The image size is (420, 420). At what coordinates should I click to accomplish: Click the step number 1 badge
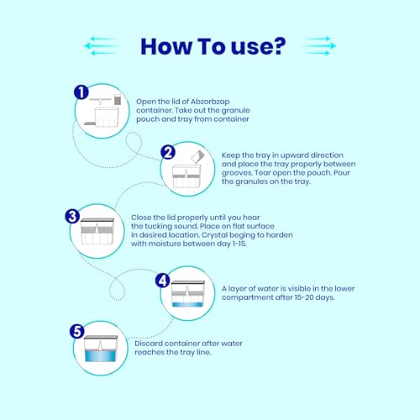pyautogui.click(x=81, y=92)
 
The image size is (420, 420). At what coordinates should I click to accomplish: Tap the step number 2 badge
pyautogui.click(x=168, y=153)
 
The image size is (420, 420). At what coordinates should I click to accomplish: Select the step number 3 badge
pyautogui.click(x=72, y=217)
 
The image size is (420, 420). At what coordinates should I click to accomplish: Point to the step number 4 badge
pyautogui.click(x=163, y=281)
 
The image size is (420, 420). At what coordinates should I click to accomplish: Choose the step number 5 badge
pyautogui.click(x=77, y=331)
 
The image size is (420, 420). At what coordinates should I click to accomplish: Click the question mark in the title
pyautogui.click(x=277, y=46)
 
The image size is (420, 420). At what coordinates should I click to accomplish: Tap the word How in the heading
pyautogui.click(x=166, y=46)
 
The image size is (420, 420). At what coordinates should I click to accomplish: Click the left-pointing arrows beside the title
pyautogui.click(x=100, y=45)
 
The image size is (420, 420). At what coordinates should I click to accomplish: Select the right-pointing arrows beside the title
pyautogui.click(x=320, y=45)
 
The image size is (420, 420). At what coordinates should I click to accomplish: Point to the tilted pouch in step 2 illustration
pyautogui.click(x=197, y=156)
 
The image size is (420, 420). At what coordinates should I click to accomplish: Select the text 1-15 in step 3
pyautogui.click(x=239, y=244)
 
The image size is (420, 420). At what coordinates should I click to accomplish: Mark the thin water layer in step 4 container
pyautogui.click(x=187, y=305)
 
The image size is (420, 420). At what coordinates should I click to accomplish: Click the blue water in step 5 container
pyautogui.click(x=100, y=355)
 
